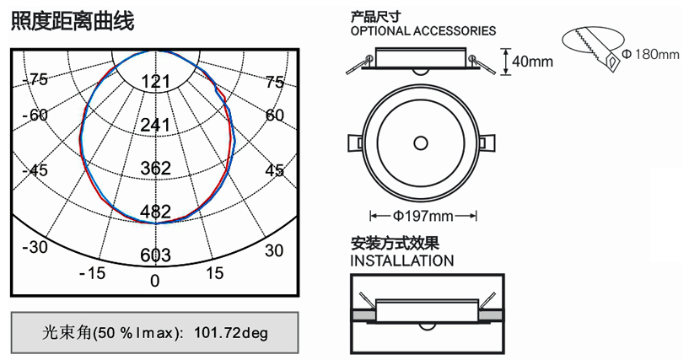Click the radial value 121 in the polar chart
pyautogui.click(x=155, y=82)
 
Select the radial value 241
pyautogui.click(x=155, y=125)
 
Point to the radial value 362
pyautogui.click(x=155, y=168)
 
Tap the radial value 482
pyautogui.click(x=155, y=212)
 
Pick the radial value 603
pyautogui.click(x=155, y=255)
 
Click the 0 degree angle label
pyautogui.click(x=154, y=281)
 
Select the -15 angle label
pyautogui.click(x=93, y=273)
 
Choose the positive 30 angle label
pyautogui.click(x=274, y=250)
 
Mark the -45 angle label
pyautogui.click(x=35, y=170)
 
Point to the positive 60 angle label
pyautogui.click(x=275, y=115)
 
